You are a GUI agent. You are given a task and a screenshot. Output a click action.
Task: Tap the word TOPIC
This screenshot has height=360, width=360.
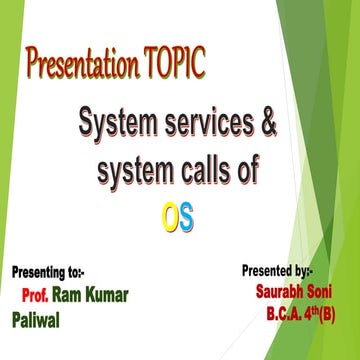[174, 66]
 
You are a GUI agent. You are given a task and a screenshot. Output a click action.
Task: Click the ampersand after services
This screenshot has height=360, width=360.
[267, 129]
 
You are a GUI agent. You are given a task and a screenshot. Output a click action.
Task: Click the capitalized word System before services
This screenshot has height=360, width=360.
[113, 129]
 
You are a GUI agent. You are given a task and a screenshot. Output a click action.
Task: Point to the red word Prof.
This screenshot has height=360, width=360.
[36, 295]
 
